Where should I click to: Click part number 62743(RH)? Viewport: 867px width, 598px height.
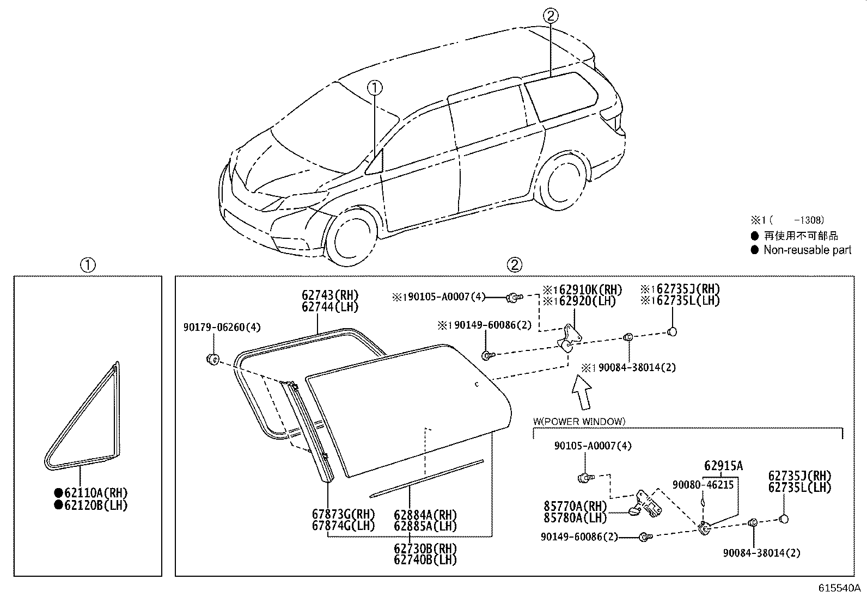tap(330, 295)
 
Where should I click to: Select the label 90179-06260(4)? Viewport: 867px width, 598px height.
tap(222, 327)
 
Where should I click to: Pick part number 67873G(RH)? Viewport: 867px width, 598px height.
tap(343, 514)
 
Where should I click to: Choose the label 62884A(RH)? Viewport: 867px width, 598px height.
tap(425, 515)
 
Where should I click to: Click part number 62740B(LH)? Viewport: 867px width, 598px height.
tap(425, 560)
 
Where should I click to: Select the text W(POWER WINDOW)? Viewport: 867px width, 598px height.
tap(579, 421)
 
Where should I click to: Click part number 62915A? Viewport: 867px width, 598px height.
tap(723, 466)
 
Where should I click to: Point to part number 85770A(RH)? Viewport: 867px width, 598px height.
tap(575, 506)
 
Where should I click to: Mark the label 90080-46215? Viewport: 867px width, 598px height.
tap(703, 485)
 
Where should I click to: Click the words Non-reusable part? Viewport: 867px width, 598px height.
tap(808, 250)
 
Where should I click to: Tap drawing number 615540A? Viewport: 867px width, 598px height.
tap(839, 588)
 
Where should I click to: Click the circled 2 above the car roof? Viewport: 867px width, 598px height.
tap(551, 16)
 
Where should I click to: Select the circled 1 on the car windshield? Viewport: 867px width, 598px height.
tap(375, 88)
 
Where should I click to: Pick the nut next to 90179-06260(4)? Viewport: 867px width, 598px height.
tap(213, 359)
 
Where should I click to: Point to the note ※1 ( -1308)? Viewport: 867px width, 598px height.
tap(787, 220)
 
